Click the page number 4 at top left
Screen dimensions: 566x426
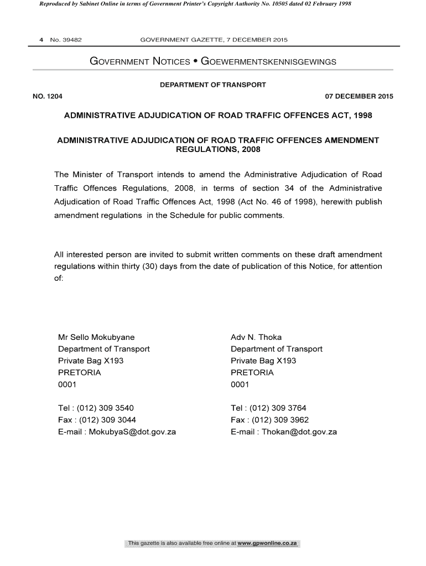click(x=41, y=40)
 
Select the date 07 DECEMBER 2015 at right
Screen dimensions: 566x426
click(x=359, y=96)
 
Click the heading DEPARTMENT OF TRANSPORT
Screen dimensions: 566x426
click(x=213, y=85)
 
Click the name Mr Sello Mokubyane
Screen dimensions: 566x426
click(x=96, y=337)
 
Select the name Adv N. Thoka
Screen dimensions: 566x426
click(x=256, y=337)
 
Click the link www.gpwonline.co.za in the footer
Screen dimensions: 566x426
click(x=268, y=544)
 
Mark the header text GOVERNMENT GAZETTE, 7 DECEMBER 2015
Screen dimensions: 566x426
click(x=214, y=40)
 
